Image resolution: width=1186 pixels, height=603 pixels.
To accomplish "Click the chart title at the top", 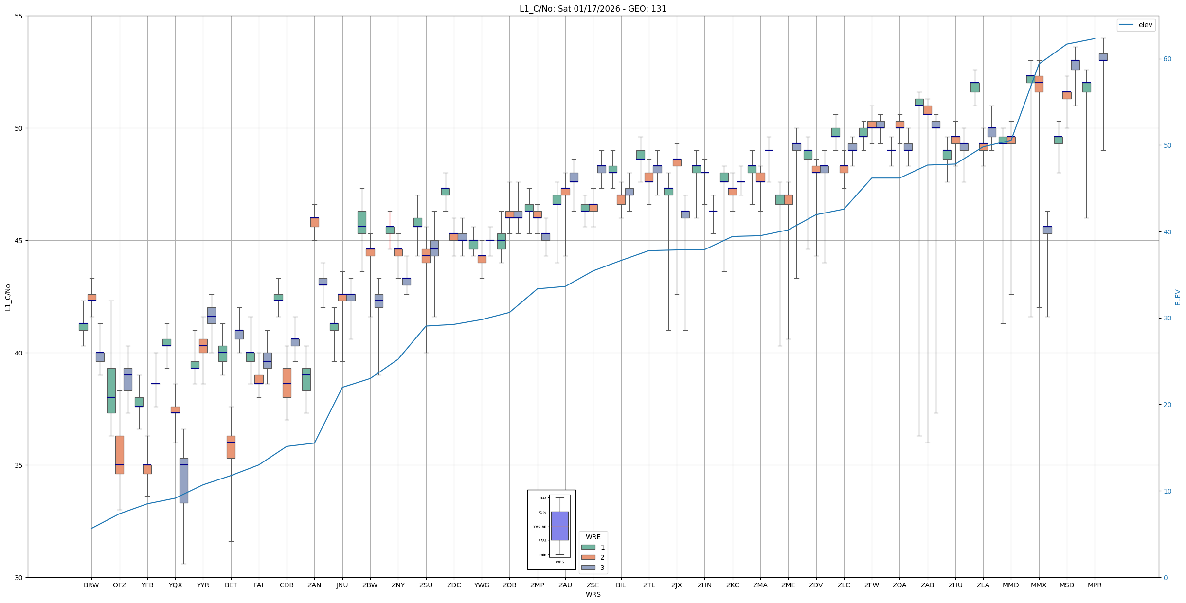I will [593, 9].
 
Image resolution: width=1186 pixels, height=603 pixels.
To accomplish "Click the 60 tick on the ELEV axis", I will [1167, 59].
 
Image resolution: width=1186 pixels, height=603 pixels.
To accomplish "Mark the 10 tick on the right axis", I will [1167, 491].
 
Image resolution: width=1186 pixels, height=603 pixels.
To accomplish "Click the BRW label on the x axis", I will [91, 585].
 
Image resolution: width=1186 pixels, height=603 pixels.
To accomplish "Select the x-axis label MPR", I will [1095, 585].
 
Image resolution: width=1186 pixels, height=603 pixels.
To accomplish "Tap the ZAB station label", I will [927, 585].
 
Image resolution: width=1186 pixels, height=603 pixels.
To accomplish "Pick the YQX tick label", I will [175, 585].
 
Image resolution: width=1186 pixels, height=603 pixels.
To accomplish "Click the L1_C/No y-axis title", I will [8, 297].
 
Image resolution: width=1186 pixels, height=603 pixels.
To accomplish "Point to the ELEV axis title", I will [1178, 297].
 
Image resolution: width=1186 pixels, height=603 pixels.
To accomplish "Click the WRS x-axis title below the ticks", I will [593, 595].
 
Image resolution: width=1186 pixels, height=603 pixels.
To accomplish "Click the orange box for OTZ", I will [120, 455].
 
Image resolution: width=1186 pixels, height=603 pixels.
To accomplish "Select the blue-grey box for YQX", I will [183, 480].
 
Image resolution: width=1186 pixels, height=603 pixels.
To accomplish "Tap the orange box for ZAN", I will [314, 222].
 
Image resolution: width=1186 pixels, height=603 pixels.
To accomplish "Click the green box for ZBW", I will [361, 222].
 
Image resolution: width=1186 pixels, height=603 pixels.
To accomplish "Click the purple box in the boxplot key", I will [559, 526].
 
